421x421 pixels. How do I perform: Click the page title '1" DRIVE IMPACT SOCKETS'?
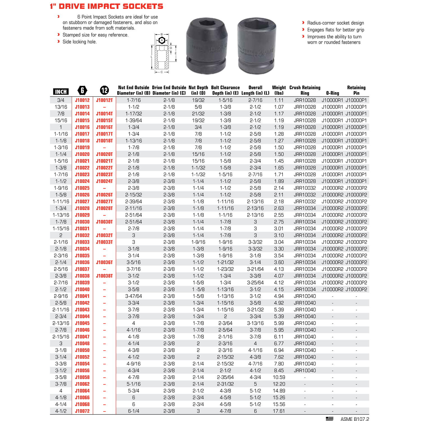[106, 6]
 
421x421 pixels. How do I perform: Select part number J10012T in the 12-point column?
[104, 100]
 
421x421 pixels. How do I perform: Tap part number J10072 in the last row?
[82, 411]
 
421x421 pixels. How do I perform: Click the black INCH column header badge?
[61, 91]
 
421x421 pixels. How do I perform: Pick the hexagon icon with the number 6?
[82, 90]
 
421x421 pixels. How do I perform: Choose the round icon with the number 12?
[104, 90]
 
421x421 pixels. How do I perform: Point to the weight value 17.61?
[279, 411]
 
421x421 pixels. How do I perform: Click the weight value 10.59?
[279, 377]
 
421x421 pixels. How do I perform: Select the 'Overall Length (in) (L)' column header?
[255, 90]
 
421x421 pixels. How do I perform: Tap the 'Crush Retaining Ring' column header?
[305, 90]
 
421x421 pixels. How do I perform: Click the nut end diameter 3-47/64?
[134, 296]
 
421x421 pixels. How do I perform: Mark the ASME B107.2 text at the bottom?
[354, 419]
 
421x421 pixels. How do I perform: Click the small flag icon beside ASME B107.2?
[330, 418]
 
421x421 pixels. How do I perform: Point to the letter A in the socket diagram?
[162, 40]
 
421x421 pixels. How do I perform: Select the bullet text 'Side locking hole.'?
[79, 42]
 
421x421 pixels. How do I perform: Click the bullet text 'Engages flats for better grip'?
[335, 30]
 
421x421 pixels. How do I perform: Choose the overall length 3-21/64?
[255, 269]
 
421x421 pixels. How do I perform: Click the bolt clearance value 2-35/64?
[225, 377]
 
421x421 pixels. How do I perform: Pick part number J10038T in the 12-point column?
[104, 276]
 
